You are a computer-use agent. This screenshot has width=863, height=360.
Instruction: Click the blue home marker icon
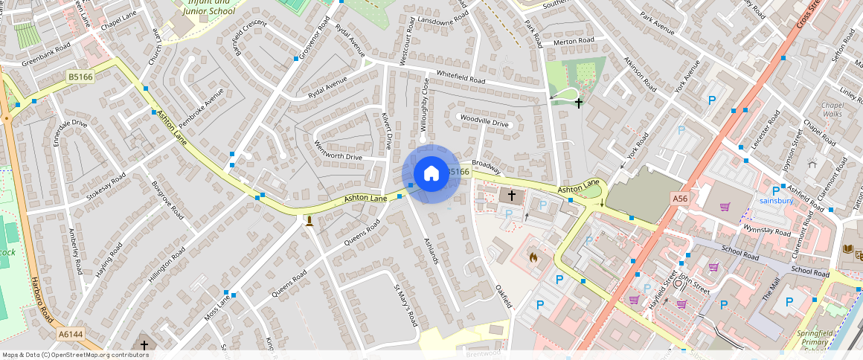point(431,174)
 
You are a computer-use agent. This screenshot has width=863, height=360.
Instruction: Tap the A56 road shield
point(679,199)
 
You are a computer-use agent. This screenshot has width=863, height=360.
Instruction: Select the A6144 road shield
point(71,334)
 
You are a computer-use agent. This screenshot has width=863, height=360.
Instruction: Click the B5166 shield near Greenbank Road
point(80,77)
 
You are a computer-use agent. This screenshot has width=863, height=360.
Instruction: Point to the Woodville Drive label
point(484,120)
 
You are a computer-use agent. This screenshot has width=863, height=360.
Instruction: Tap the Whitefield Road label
point(461,77)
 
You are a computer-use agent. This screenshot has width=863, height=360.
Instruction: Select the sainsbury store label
point(777,200)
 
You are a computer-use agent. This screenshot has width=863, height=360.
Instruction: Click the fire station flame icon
point(533,257)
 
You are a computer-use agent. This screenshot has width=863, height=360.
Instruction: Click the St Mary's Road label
point(405,306)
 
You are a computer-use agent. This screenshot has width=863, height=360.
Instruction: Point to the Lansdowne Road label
point(443,22)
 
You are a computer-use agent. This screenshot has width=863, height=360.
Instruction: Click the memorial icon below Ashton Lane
point(309,220)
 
